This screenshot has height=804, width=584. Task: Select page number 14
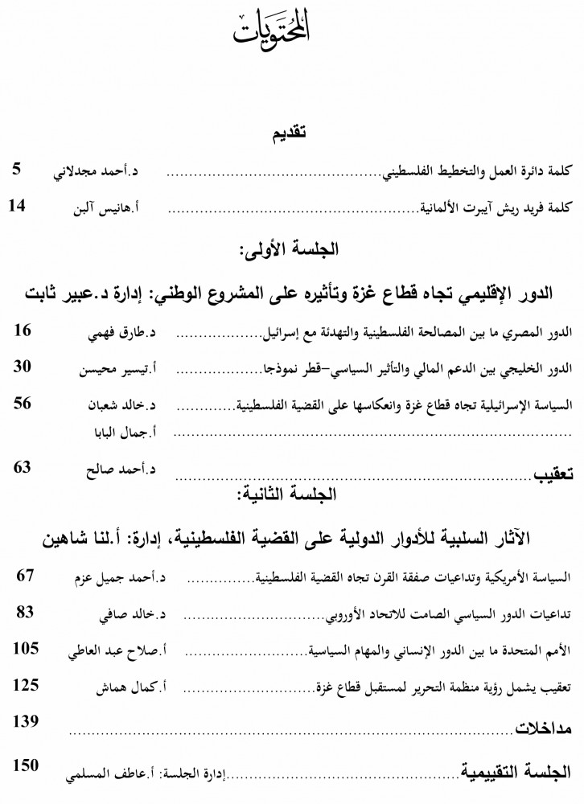click(19, 207)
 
